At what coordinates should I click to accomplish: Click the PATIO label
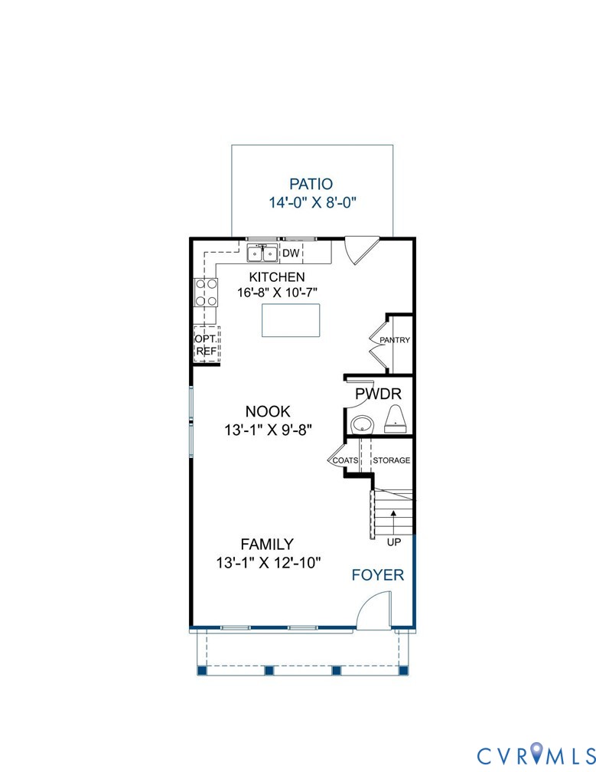[x=311, y=184]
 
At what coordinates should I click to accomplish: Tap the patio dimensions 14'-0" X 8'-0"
[x=313, y=203]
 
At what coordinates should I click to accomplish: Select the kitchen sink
[x=262, y=253]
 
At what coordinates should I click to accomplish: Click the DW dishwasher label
[x=291, y=254]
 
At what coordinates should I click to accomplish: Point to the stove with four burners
[x=206, y=292]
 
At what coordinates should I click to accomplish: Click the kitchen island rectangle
[x=291, y=320]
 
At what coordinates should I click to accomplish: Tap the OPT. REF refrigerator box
[x=206, y=345]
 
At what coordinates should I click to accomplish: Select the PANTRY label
[x=395, y=340]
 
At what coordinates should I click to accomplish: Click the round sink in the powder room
[x=361, y=424]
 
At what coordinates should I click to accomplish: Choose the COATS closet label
[x=346, y=460]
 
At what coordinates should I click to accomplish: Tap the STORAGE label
[x=391, y=460]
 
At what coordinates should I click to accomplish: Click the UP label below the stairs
[x=394, y=541]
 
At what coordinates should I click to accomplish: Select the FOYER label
[x=377, y=575]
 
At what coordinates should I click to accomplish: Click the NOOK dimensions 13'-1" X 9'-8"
[x=268, y=430]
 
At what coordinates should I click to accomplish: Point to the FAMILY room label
[x=267, y=545]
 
